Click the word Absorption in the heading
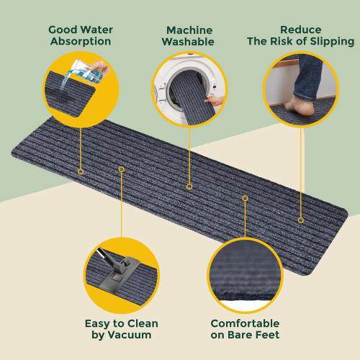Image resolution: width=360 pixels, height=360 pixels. tap(80, 41)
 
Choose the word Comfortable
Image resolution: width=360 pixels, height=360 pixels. tap(245, 323)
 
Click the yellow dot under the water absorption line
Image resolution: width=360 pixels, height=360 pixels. tap(81, 171)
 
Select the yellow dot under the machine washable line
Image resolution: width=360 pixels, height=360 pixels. tap(189, 186)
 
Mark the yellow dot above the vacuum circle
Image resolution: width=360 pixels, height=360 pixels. tap(122, 169)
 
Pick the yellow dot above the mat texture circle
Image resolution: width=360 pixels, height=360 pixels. tap(245, 198)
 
